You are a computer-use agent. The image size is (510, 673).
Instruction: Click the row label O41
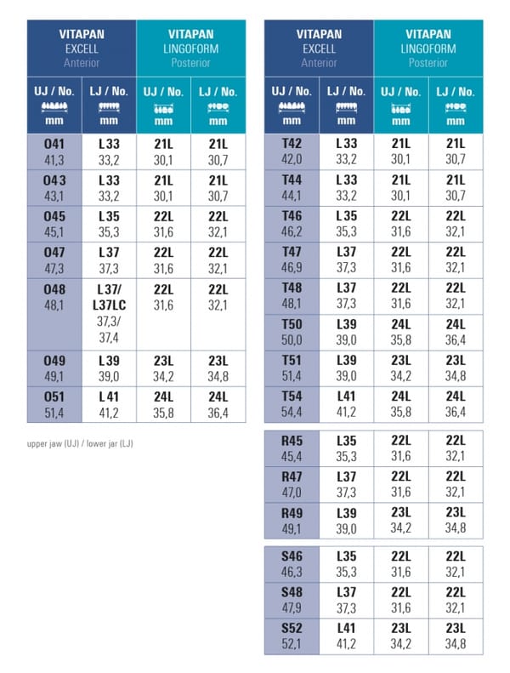pos(54,144)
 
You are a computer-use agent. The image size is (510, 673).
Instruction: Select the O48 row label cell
pos(54,315)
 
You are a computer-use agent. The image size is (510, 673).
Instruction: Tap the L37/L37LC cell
pos(109,315)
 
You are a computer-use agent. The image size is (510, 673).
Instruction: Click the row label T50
pos(292,324)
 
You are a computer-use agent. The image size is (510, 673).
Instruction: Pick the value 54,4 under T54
pos(292,412)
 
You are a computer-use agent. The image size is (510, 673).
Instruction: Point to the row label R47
pos(292,476)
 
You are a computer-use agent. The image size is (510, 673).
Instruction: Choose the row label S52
pos(292,628)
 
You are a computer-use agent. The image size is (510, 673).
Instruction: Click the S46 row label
pos(292,556)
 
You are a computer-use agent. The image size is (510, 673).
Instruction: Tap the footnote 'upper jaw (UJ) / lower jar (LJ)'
pos(80,443)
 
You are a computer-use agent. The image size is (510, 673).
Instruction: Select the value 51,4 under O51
pos(54,413)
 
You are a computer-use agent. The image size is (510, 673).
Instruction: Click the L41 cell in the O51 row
pos(109,405)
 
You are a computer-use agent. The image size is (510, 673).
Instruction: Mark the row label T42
pos(292,143)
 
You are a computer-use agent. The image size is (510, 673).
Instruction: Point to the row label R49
pos(292,513)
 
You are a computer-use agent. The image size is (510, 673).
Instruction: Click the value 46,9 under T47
pos(292,267)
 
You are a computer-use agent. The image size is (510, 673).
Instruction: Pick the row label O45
pos(54,216)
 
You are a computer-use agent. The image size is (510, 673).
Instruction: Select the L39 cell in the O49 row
pos(109,368)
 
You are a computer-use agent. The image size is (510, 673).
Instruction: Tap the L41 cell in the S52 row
pos(346,636)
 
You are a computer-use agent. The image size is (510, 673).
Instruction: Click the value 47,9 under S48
pos(292,607)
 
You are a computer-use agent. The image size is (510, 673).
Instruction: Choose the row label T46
pos(292,215)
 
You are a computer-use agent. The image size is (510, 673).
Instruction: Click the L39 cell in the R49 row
pos(346,521)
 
